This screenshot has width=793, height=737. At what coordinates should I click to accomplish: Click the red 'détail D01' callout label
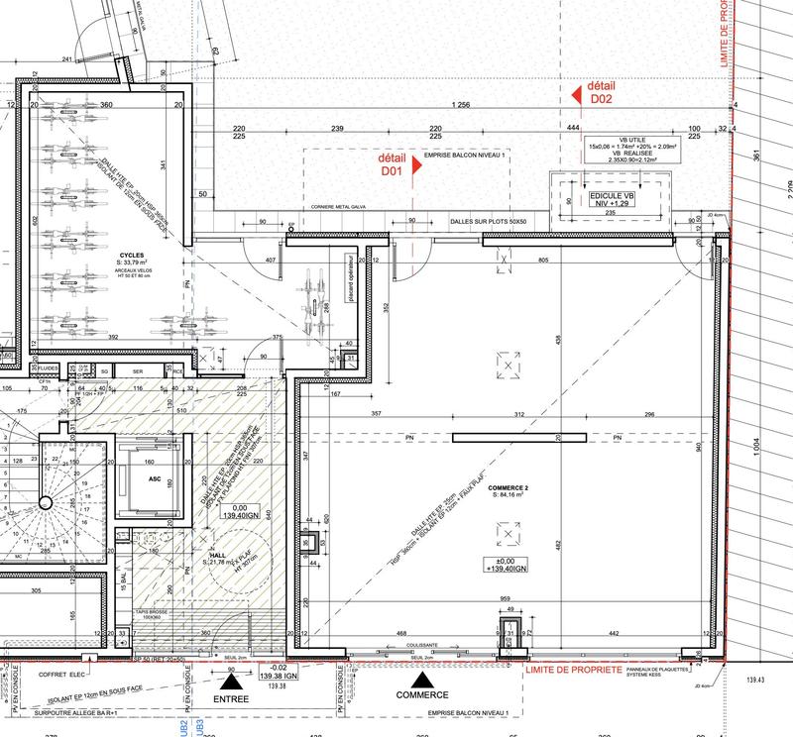(x=393, y=164)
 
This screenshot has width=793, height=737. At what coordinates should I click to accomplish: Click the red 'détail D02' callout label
(x=603, y=93)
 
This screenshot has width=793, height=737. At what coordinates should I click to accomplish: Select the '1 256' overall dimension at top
(x=459, y=105)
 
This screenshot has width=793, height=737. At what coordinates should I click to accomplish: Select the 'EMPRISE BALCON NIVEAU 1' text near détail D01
(x=464, y=157)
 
